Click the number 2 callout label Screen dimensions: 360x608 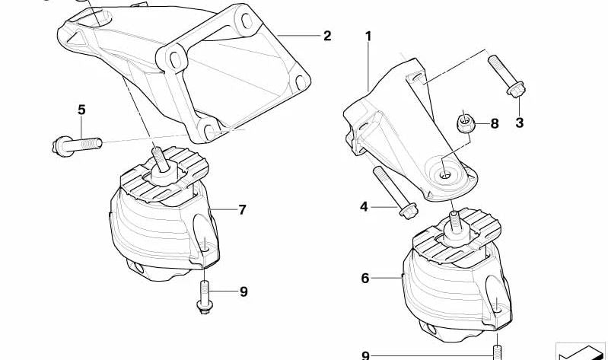(327, 35)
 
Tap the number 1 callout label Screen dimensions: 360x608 (368, 35)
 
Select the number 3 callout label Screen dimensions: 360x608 (520, 123)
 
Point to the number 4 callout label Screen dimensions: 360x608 (364, 205)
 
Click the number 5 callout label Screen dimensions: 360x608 (81, 110)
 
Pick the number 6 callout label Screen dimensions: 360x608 (365, 279)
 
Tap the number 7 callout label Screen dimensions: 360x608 (242, 209)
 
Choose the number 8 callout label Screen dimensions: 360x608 (494, 123)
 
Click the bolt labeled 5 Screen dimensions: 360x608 (78, 142)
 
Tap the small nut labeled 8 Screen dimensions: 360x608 (463, 122)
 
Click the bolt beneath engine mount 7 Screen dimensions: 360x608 (204, 295)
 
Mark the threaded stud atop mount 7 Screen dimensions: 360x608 (160, 158)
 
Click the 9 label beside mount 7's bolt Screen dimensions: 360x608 (244, 291)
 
